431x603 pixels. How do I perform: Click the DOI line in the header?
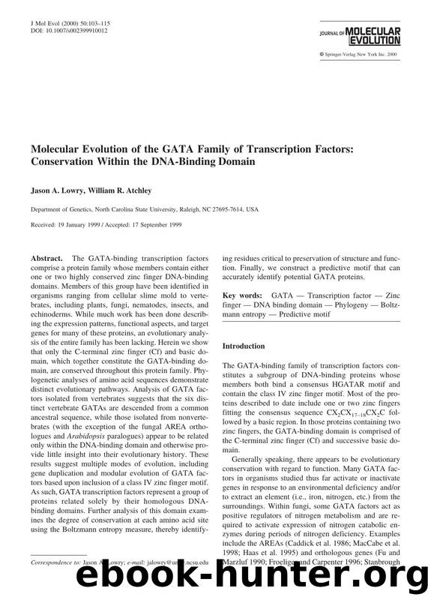pyautogui.click(x=65, y=32)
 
